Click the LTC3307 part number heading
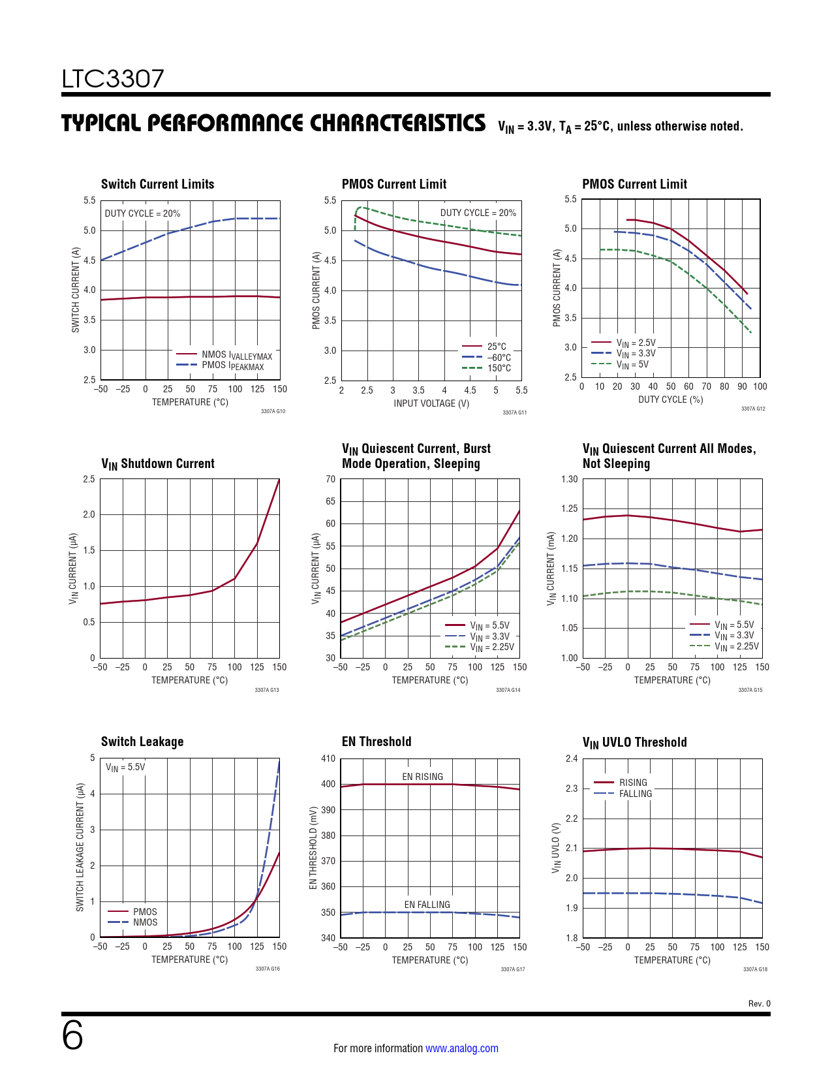[113, 79]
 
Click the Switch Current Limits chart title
[157, 184]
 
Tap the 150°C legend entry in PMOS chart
[499, 368]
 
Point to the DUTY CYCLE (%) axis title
[670, 399]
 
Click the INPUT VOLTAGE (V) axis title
[431, 403]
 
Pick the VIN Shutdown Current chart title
[157, 463]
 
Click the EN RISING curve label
[422, 777]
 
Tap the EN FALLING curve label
[427, 905]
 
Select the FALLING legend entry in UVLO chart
[635, 794]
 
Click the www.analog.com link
[461, 1048]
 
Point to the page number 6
[72, 1036]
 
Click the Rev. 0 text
[759, 1004]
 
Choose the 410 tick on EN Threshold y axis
[328, 758]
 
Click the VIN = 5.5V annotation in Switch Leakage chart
[125, 768]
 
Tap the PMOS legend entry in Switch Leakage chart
[144, 912]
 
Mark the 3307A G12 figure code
[752, 409]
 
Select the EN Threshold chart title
[377, 741]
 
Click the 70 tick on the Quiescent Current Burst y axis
[330, 479]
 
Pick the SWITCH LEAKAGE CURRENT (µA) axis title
[80, 847]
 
